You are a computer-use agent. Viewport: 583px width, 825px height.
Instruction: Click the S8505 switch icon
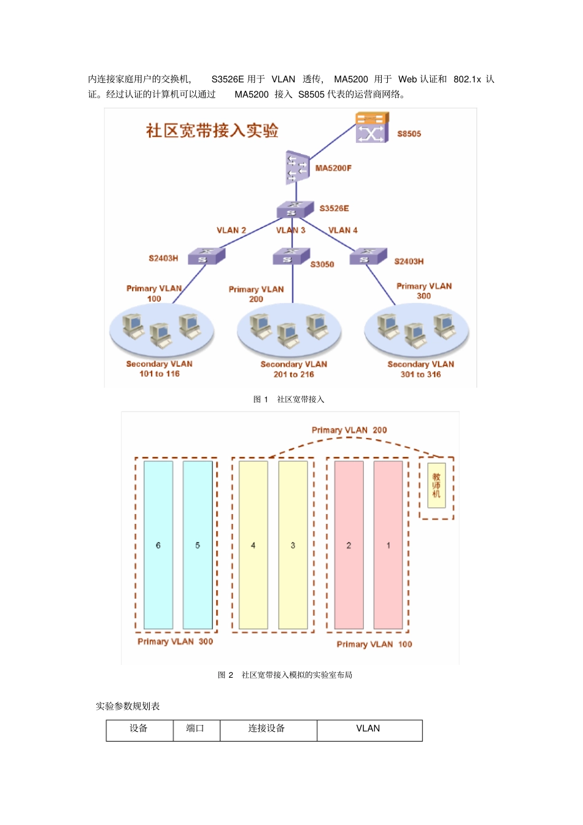[372, 128]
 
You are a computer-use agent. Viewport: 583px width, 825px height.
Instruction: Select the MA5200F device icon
[297, 167]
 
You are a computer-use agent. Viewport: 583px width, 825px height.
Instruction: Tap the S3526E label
[334, 209]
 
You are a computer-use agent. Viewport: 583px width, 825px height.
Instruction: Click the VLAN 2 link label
[231, 230]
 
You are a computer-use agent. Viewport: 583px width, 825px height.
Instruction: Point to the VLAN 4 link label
[343, 230]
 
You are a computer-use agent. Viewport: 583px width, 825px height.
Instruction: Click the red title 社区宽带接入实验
[212, 131]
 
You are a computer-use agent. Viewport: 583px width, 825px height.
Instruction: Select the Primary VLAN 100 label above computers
[154, 293]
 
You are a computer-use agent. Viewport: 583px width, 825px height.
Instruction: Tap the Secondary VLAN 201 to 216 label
[293, 369]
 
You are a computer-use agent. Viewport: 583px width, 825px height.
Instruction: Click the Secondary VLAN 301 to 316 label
[421, 369]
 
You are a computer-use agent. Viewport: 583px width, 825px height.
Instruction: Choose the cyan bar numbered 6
[158, 545]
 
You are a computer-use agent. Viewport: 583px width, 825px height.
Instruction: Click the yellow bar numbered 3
[293, 545]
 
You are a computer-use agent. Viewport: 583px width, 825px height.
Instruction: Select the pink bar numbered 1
[388, 545]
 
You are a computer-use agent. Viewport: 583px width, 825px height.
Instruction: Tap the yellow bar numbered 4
[253, 545]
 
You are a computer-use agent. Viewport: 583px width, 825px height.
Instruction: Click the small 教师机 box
[436, 485]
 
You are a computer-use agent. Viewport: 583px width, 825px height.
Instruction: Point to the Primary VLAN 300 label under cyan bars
[176, 642]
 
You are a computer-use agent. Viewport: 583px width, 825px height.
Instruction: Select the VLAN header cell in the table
[369, 729]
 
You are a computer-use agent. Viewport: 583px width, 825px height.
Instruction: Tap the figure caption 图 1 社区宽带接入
[289, 399]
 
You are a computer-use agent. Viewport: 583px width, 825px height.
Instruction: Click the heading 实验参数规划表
[128, 706]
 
